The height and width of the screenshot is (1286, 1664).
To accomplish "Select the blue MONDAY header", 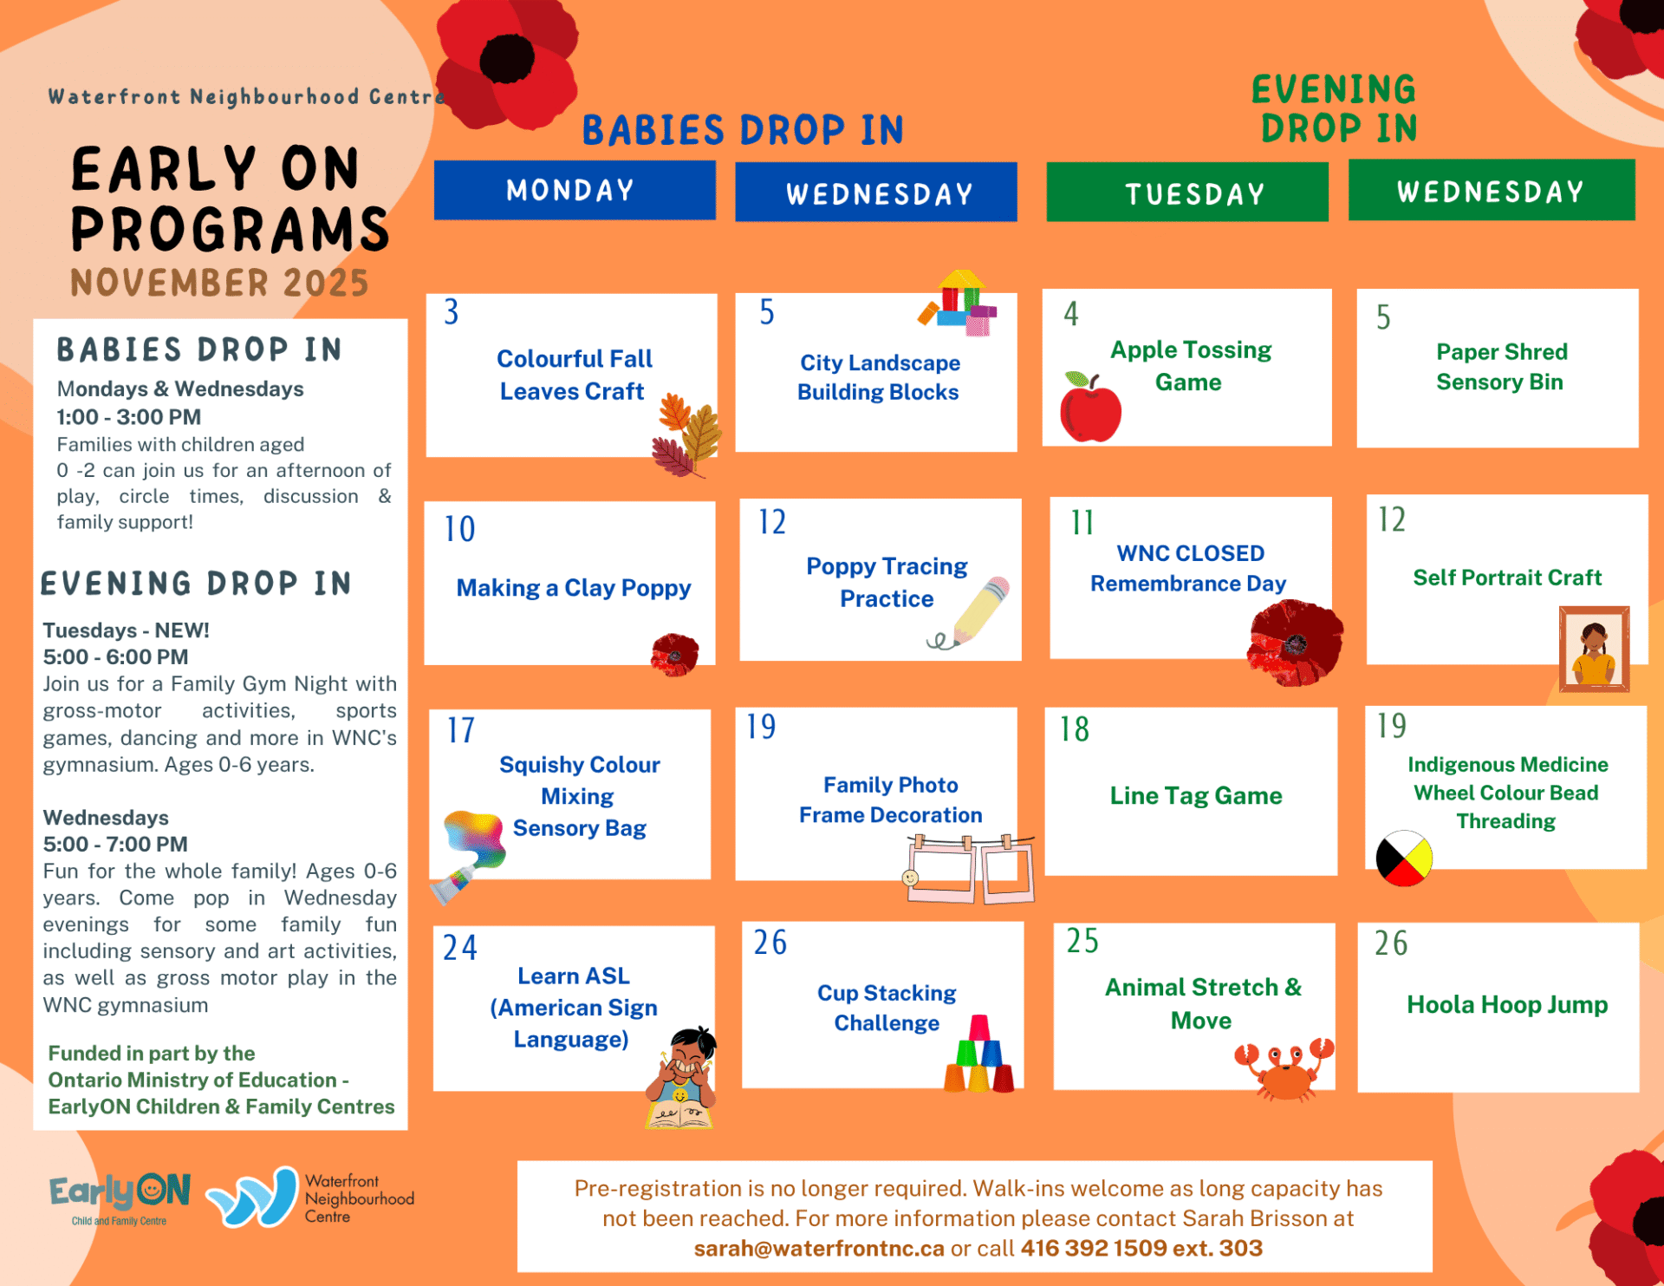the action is (575, 190).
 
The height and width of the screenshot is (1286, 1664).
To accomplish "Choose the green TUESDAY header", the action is (1186, 193).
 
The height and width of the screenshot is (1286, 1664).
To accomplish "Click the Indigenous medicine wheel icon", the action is (1404, 858).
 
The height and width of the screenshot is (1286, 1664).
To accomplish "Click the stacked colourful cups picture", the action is (979, 1054).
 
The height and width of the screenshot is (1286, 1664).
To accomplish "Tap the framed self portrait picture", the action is (1594, 649).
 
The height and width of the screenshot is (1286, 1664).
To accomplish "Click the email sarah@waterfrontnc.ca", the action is (819, 1248).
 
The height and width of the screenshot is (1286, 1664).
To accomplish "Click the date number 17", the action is (461, 730).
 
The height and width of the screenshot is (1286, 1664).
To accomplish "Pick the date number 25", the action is (1082, 941).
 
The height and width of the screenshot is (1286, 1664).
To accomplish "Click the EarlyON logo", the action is (120, 1198).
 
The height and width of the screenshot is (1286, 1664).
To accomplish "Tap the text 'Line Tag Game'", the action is (1196, 795).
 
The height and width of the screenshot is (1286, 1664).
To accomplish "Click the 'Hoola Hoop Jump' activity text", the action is (1507, 1004).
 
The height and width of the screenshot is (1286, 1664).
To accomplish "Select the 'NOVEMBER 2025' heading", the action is (219, 283).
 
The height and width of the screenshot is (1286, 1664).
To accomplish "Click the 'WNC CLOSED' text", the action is (1190, 552).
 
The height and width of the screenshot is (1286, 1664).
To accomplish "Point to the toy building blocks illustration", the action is (959, 303).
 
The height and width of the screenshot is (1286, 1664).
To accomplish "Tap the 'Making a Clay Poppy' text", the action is (574, 588).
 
